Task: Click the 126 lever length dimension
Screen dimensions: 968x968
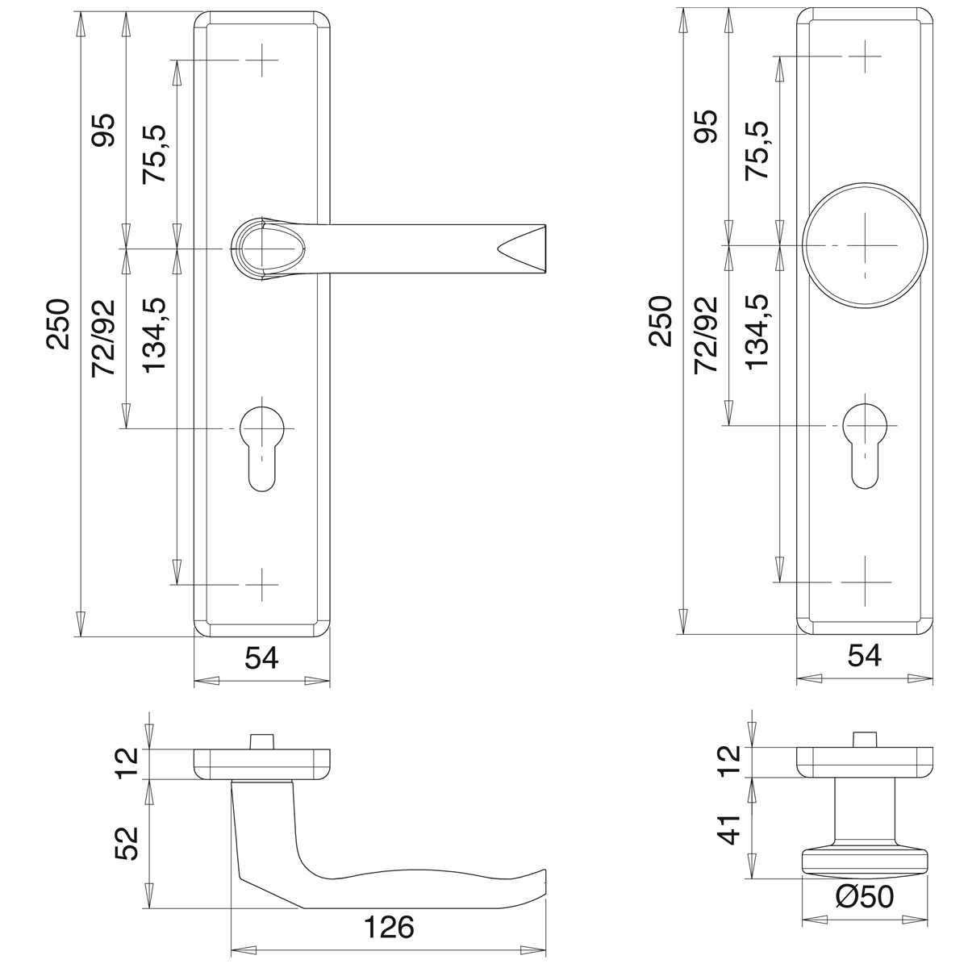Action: [388, 927]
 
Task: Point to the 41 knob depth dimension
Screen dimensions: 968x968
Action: [729, 829]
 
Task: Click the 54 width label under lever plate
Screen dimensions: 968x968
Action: [261, 658]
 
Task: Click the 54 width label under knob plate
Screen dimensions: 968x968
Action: [864, 655]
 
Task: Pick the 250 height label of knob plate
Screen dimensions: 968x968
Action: [661, 320]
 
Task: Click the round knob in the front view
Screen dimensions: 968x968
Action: [865, 244]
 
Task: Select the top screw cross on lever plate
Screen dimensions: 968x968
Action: [262, 60]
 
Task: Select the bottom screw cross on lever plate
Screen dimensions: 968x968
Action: [262, 583]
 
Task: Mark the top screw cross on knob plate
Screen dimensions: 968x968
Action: [864, 56]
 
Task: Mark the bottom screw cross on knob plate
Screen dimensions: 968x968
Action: [864, 582]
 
